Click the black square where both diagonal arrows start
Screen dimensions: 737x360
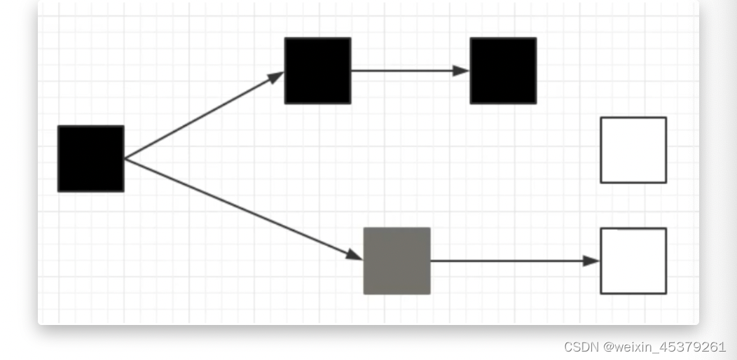(90, 158)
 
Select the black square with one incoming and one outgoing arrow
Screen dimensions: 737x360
(317, 71)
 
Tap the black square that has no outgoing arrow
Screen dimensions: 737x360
(503, 71)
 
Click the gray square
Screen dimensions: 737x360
(397, 261)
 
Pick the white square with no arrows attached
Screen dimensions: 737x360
(633, 150)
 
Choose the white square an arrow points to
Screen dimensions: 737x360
(633, 261)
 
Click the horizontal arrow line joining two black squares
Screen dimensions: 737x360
(406, 71)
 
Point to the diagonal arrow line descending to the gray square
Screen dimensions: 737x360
(238, 207)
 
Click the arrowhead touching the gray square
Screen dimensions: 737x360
(355, 256)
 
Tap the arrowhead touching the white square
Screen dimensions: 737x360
(592, 261)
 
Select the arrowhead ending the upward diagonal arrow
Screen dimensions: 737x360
(277, 76)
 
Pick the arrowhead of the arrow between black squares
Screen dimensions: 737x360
(461, 71)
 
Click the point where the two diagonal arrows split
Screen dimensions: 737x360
(125, 159)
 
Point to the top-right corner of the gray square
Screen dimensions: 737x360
(429, 228)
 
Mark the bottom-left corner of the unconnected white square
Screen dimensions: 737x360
(601, 182)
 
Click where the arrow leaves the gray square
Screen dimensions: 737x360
(431, 261)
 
